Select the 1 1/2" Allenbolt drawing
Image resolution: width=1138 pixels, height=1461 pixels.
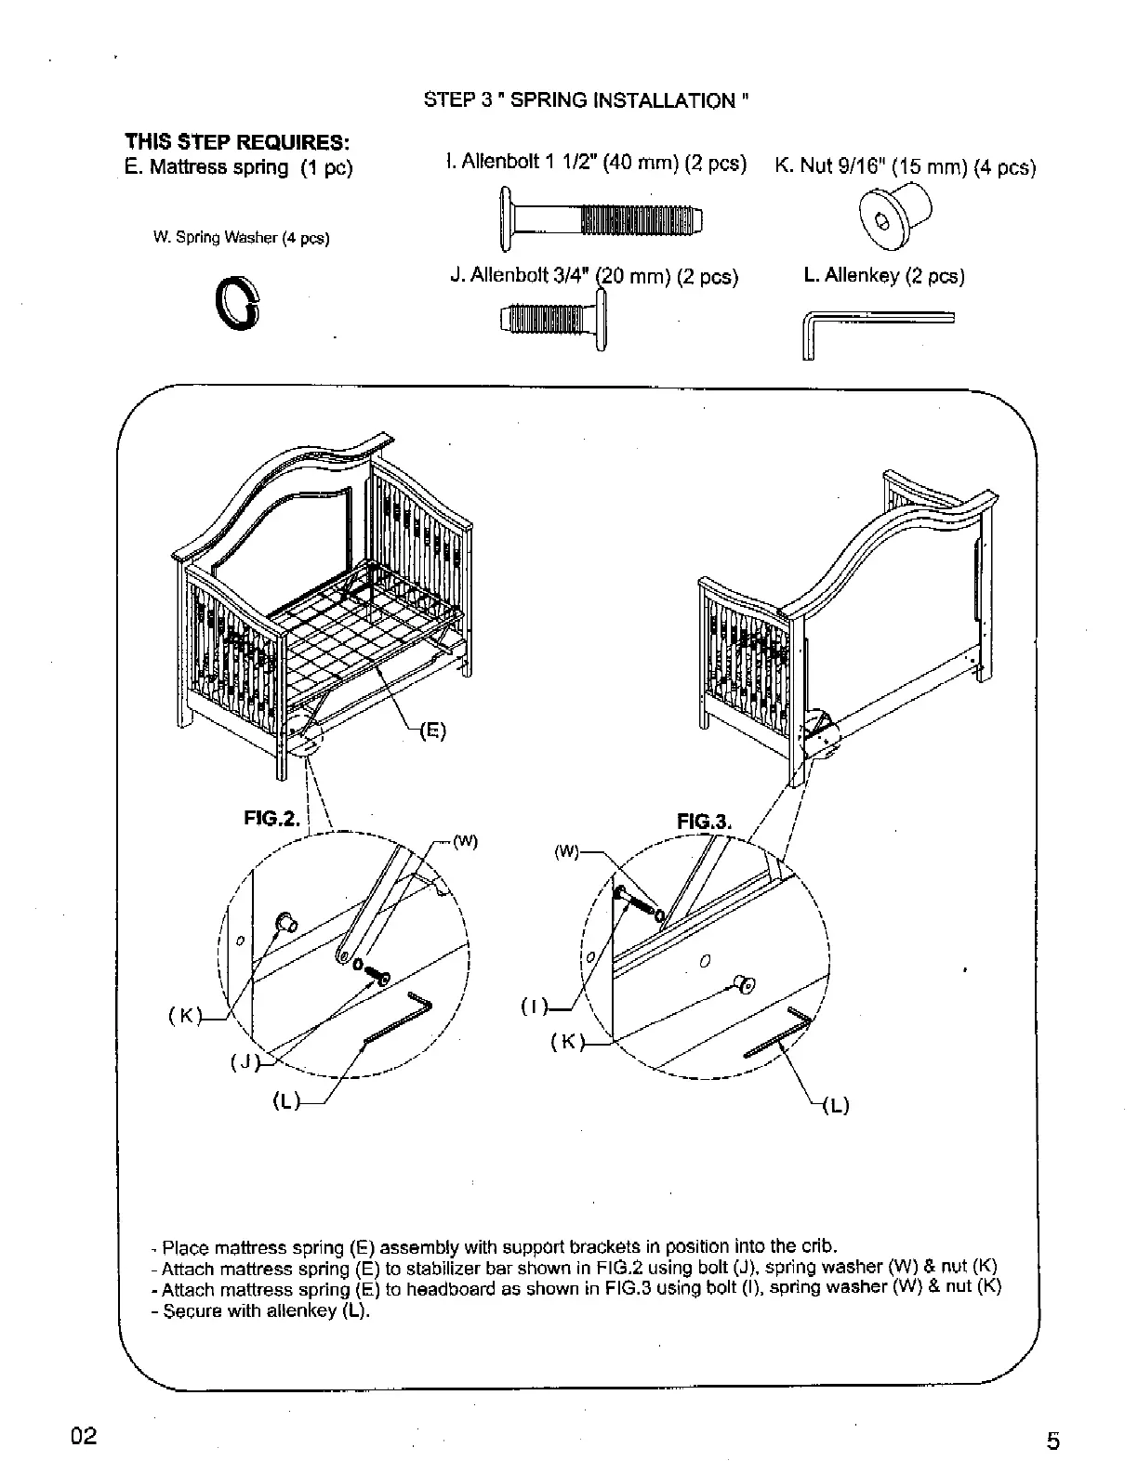point(601,219)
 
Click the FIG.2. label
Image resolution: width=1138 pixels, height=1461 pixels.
point(272,819)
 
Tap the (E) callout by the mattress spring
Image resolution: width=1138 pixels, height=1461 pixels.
point(432,730)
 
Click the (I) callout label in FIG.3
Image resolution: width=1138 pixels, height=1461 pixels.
point(531,1005)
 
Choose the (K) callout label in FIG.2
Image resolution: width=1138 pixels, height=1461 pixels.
point(184,1015)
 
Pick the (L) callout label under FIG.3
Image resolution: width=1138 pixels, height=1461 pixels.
point(836,1106)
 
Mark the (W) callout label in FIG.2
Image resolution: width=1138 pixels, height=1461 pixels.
point(465,843)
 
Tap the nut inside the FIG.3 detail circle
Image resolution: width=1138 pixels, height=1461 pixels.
point(744,982)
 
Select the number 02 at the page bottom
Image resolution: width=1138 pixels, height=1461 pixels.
point(83,1436)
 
